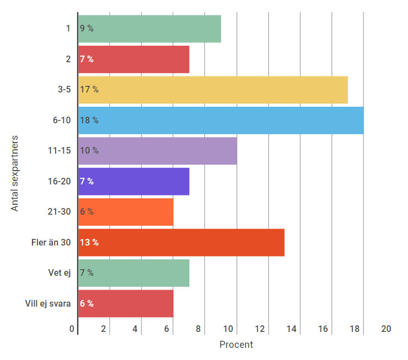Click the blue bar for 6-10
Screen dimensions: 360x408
point(220,120)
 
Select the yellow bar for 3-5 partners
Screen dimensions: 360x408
point(213,90)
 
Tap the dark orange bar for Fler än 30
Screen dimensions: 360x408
point(181,242)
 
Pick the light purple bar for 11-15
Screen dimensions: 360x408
point(157,151)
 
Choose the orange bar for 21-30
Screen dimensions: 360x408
point(126,212)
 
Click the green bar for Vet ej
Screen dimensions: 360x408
point(134,273)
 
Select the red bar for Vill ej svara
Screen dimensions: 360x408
point(126,303)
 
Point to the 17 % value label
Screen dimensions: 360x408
point(89,90)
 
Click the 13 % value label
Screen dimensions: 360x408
point(89,242)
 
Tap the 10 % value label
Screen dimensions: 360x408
point(89,151)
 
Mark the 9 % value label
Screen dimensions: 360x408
point(87,29)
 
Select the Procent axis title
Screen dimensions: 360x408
point(236,345)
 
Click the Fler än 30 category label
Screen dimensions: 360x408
point(51,242)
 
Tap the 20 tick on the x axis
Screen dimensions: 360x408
point(386,329)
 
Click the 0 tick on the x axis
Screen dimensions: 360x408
point(72,329)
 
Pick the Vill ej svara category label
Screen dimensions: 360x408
point(48,303)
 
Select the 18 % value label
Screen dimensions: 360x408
point(89,120)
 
